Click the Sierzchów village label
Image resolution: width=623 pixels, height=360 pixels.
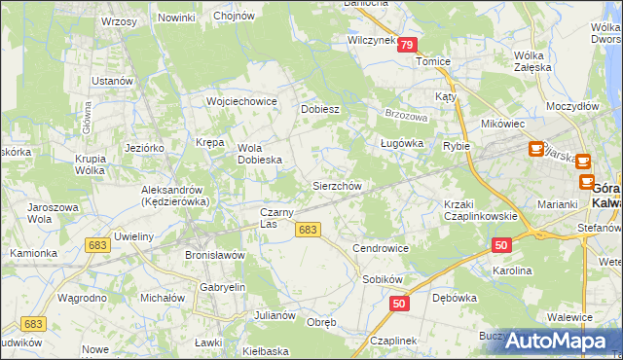[x=337, y=186]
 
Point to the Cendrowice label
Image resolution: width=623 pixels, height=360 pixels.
[x=380, y=248]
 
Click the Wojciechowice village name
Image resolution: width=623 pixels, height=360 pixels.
[x=241, y=101]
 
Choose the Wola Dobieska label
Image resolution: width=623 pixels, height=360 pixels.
[x=260, y=154]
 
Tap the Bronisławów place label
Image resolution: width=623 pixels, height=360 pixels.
[x=214, y=254]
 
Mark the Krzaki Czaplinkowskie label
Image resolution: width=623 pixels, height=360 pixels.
[x=479, y=209]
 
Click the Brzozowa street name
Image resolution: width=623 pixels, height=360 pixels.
[x=407, y=113]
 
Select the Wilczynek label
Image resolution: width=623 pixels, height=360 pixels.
[x=371, y=41]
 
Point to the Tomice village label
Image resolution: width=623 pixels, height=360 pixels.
[x=433, y=61]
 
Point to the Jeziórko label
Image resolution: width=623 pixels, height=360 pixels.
[x=144, y=147]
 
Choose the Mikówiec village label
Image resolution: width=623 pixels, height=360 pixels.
[x=503, y=125]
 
